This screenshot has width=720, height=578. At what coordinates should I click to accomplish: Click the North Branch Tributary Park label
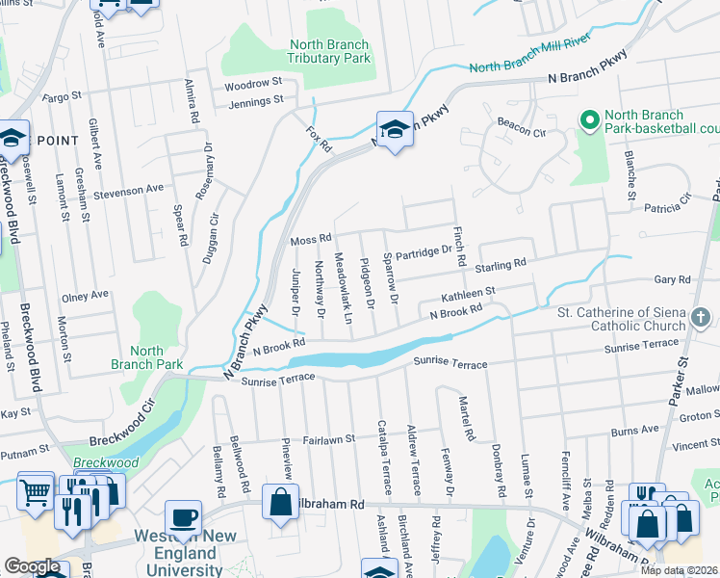click(x=329, y=52)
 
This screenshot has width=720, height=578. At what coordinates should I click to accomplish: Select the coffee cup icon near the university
click(x=182, y=517)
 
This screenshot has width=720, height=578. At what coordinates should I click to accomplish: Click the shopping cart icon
click(x=36, y=492)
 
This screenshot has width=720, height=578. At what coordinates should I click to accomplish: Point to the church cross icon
click(x=702, y=317)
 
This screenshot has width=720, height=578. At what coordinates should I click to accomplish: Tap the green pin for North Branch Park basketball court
click(x=589, y=119)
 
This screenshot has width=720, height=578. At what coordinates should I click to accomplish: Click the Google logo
click(x=32, y=566)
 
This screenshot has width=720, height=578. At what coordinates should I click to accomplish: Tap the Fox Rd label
click(x=319, y=136)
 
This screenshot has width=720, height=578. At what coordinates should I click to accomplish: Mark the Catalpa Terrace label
click(x=382, y=457)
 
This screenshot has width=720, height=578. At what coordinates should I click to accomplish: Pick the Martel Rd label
click(x=466, y=419)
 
